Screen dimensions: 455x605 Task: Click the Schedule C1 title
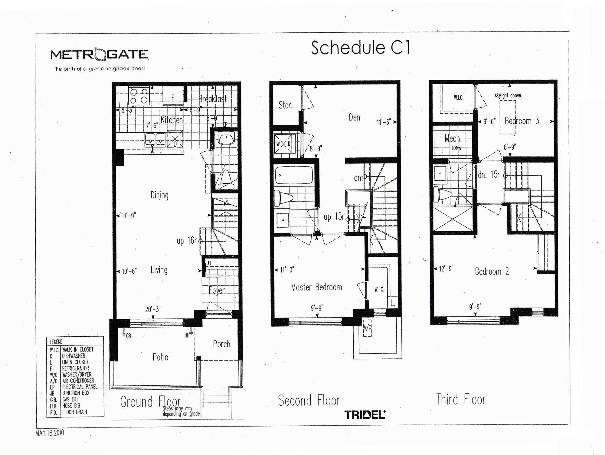click(x=360, y=48)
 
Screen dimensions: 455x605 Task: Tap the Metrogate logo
click(x=99, y=55)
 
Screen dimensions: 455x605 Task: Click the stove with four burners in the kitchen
click(x=139, y=95)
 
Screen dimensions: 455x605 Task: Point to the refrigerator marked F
click(x=173, y=96)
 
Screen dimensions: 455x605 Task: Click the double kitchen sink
click(x=155, y=140)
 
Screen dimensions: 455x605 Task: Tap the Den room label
click(x=354, y=117)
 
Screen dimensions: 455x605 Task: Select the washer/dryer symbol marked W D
click(x=283, y=144)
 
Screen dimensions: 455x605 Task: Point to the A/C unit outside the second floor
click(x=367, y=328)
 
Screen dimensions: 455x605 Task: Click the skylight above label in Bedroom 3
click(x=508, y=95)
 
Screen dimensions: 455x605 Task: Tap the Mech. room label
click(x=453, y=139)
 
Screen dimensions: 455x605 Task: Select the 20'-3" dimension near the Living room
click(x=153, y=309)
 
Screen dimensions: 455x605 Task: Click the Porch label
click(x=221, y=344)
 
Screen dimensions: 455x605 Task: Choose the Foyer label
click(x=217, y=291)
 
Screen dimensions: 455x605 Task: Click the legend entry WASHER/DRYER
click(x=77, y=374)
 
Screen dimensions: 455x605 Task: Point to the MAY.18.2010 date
click(x=50, y=433)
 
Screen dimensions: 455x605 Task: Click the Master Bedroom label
click(x=316, y=287)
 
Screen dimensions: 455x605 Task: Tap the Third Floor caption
click(x=461, y=400)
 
